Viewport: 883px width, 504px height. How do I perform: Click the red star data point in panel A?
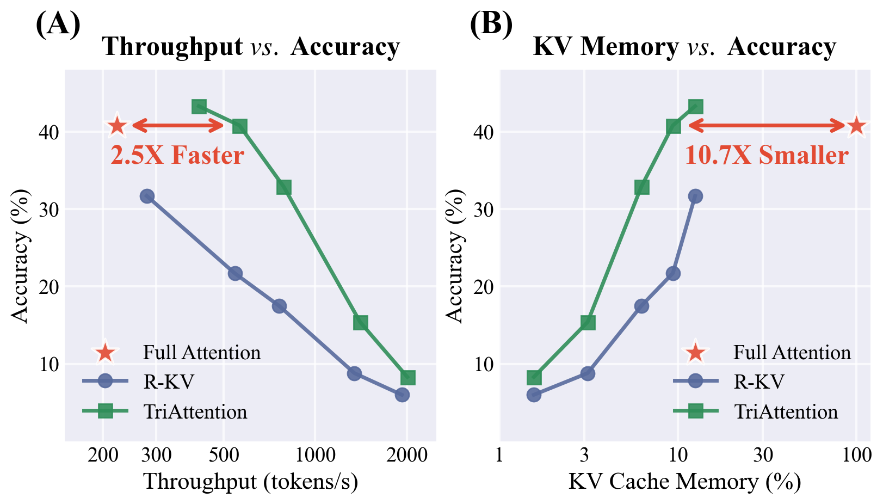pos(117,126)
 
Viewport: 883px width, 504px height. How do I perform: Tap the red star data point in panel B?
pos(856,126)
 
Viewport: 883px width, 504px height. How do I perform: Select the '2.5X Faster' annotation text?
pos(177,156)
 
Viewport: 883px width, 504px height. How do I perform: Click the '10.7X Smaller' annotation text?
pos(766,156)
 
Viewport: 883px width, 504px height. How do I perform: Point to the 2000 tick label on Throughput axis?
pos(406,455)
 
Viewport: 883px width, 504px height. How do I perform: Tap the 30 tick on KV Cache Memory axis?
pos(763,455)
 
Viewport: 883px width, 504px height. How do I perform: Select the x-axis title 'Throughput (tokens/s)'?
pos(250,482)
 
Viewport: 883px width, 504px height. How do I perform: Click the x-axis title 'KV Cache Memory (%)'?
pos(684,482)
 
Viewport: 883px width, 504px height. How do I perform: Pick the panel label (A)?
pos(58,24)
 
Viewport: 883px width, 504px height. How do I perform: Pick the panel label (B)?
pos(491,24)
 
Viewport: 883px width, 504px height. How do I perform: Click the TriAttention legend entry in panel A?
pos(195,411)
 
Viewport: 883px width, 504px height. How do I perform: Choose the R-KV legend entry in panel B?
pos(759,382)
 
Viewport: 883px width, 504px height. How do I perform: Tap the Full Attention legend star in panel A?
pos(105,353)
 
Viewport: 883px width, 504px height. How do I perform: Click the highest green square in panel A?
pos(199,107)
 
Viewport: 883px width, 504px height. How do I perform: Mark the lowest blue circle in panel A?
pos(402,395)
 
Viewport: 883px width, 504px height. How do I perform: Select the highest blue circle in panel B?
pos(695,196)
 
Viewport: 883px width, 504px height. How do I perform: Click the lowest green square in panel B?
pos(534,377)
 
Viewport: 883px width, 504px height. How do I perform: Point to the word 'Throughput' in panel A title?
pos(172,47)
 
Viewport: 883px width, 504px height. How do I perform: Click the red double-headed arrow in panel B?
pos(767,126)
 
